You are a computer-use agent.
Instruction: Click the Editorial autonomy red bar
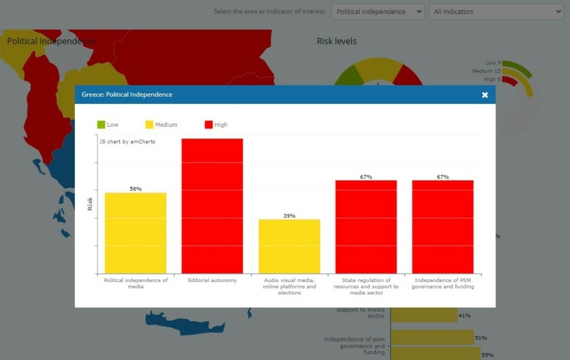(212, 206)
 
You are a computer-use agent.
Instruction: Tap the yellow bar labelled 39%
(289, 246)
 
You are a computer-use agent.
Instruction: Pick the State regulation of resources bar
(366, 226)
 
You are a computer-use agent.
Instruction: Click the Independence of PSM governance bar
(443, 226)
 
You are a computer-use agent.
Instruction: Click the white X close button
(485, 95)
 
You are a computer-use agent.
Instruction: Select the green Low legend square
(101, 125)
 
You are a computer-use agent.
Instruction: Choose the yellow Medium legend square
(149, 125)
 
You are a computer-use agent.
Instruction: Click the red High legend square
(209, 125)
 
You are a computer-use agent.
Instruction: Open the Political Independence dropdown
(377, 12)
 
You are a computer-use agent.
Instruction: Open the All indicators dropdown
(496, 12)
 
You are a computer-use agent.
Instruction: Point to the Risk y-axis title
(90, 204)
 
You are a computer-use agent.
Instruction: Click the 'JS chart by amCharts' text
(127, 142)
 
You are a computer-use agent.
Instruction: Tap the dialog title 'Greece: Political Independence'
(127, 95)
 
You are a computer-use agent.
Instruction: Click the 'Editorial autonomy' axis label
(212, 280)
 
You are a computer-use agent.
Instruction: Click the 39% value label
(289, 216)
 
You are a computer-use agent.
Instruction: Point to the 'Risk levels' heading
(337, 41)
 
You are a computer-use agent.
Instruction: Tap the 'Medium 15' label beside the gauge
(486, 71)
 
